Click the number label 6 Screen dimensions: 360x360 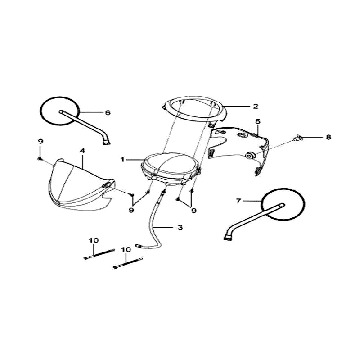107,113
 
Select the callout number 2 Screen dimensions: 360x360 255,106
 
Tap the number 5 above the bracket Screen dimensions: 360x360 258,122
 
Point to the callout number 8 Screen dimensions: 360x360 329,137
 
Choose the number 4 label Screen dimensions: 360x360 82,151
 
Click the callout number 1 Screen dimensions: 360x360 123,160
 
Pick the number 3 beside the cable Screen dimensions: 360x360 180,228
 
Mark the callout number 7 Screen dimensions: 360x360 238,201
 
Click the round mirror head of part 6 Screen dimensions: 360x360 60,111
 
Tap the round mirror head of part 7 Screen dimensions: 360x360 283,204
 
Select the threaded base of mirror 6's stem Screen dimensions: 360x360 107,142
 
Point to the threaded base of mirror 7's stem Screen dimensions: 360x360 227,237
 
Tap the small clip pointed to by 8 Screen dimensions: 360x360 298,138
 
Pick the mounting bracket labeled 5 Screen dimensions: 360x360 238,147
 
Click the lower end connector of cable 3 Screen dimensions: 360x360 138,245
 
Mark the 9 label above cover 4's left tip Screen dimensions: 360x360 41,142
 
